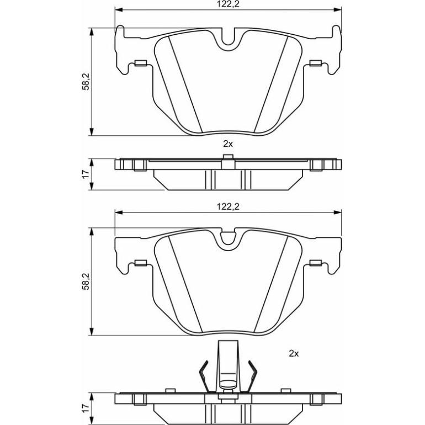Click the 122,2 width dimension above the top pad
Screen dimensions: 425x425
(x=228, y=4)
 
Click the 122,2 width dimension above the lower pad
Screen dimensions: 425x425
(x=228, y=207)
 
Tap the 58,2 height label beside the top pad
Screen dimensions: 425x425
(x=86, y=81)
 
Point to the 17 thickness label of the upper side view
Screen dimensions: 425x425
(x=86, y=174)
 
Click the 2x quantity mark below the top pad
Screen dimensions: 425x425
(x=228, y=144)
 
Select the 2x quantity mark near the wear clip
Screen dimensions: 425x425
(x=294, y=353)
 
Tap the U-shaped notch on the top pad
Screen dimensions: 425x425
(x=228, y=41)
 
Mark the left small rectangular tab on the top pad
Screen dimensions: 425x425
(x=141, y=63)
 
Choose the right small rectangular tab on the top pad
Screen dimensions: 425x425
(x=316, y=63)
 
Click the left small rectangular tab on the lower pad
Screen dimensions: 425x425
(x=141, y=263)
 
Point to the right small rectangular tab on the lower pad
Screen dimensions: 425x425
(x=316, y=263)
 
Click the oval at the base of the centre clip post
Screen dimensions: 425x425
(x=228, y=384)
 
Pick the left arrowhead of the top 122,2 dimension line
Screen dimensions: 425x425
(x=119, y=10)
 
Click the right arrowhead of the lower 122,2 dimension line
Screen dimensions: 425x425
(x=337, y=212)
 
